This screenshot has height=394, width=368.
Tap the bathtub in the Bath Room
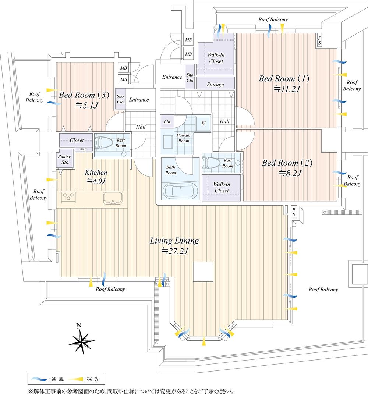pyautogui.click(x=180, y=191)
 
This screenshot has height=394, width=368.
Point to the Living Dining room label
pyautogui.click(x=174, y=241)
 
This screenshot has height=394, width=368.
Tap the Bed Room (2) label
pyautogui.click(x=287, y=163)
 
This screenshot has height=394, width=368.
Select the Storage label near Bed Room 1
pyautogui.click(x=215, y=85)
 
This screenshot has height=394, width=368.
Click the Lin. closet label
pyautogui.click(x=167, y=121)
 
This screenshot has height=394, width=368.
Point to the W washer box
pyautogui.click(x=203, y=123)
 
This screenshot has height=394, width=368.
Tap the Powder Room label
pyautogui.click(x=184, y=138)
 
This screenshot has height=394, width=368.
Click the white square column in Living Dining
pyautogui.click(x=203, y=271)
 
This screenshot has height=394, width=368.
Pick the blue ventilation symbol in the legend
pyautogui.click(x=38, y=378)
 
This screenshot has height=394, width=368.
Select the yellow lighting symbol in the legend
pyautogui.click(x=76, y=378)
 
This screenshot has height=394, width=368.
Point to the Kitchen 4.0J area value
pyautogui.click(x=96, y=181)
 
